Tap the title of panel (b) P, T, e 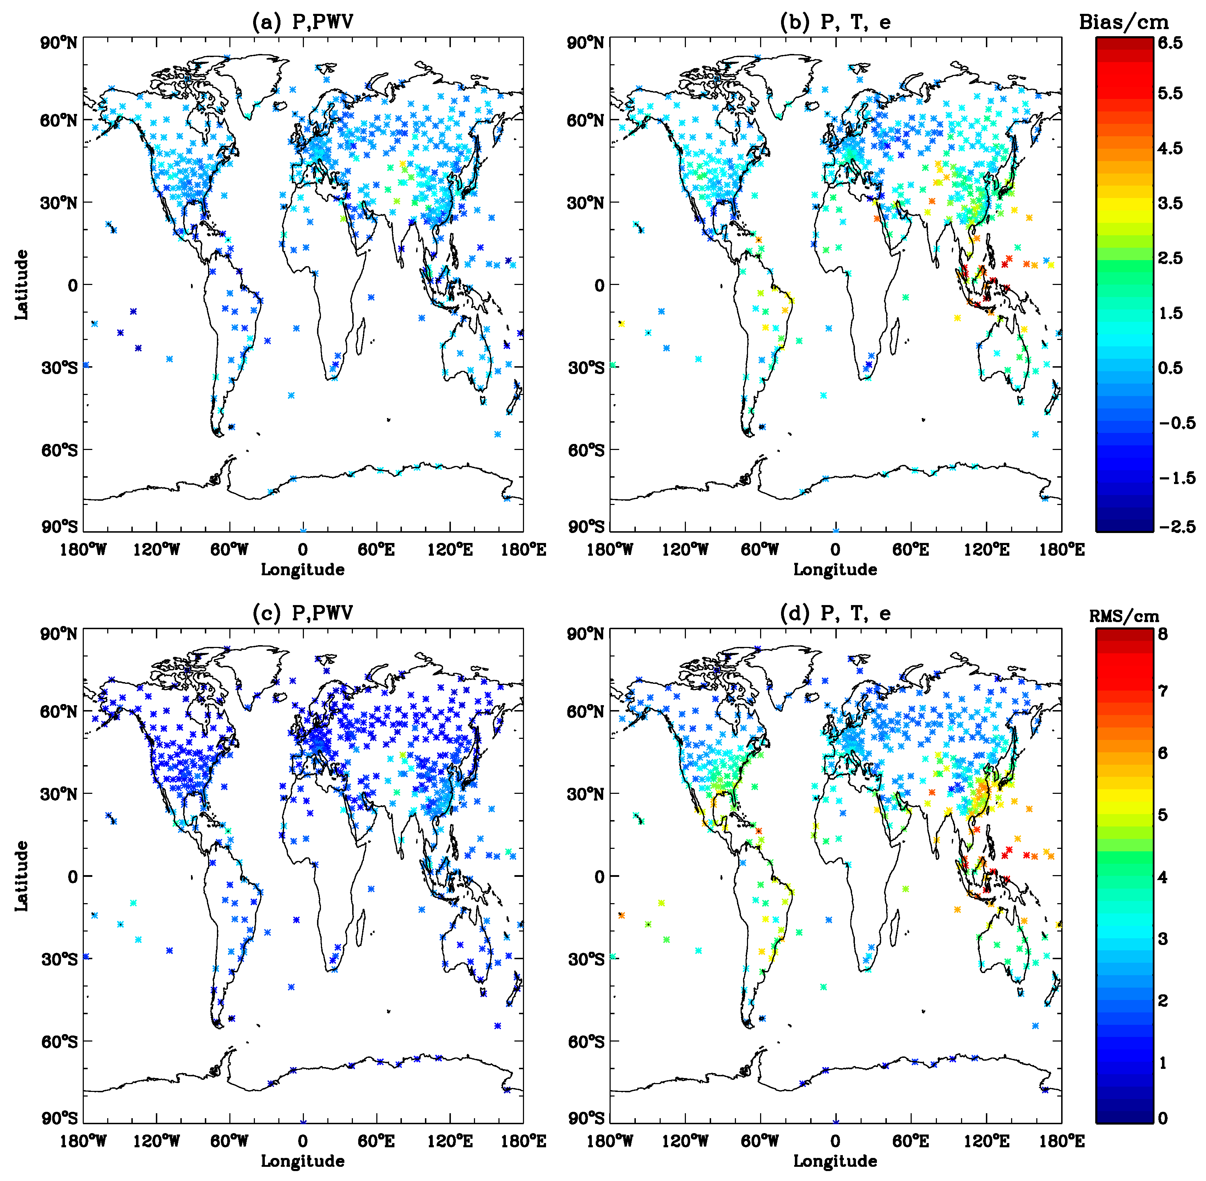point(835,22)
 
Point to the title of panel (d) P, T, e point(835,613)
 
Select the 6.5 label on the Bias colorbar point(1170,43)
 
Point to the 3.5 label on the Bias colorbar point(1170,203)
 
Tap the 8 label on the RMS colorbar point(1163,633)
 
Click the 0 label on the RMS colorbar point(1163,1118)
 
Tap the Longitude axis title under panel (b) point(835,570)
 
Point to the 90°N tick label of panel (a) point(59,43)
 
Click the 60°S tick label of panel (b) point(585,450)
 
